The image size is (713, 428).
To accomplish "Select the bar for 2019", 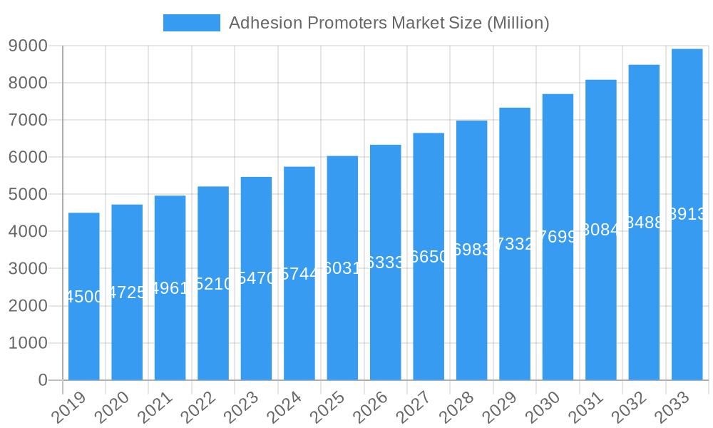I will tap(84, 296).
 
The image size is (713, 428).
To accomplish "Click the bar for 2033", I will tap(687, 214).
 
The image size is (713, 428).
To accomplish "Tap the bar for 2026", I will tap(385, 263).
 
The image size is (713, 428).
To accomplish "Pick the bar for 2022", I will tap(213, 283).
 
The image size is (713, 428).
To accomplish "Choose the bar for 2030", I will tap(558, 237).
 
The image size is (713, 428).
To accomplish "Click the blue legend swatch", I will tap(191, 23).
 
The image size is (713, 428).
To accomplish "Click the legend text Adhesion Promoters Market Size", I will tap(389, 23).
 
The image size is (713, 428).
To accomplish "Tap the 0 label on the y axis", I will tap(43, 380).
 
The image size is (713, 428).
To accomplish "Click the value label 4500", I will tap(84, 297).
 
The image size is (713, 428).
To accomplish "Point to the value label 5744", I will tap(299, 274).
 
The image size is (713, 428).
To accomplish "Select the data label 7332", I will tap(515, 244).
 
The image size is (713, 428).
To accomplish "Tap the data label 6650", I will tap(429, 257).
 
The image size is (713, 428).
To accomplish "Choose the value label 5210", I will tap(213, 284).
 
